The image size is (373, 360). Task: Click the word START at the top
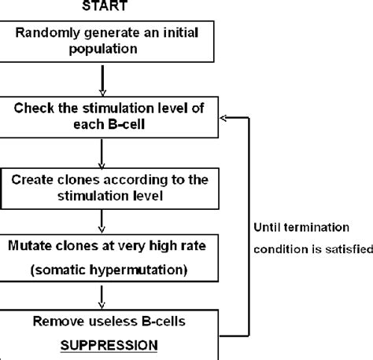(x=107, y=6)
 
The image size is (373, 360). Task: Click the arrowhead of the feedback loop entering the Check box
(x=223, y=117)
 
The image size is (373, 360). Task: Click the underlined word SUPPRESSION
(x=107, y=343)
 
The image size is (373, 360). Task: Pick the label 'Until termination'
(x=301, y=227)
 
